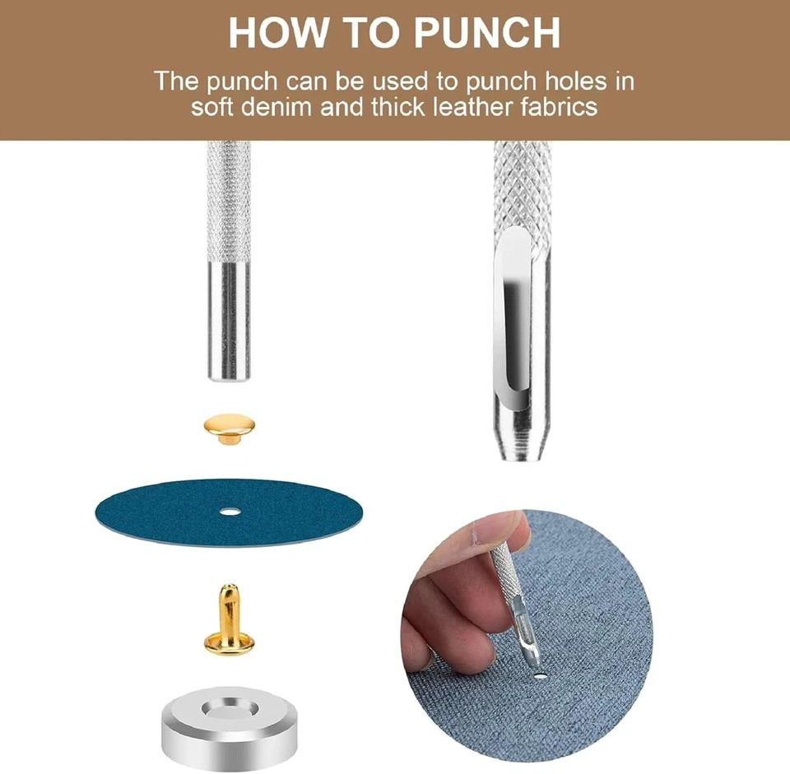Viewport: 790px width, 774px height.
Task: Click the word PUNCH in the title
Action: pyautogui.click(x=486, y=33)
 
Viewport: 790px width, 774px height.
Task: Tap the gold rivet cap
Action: pyautogui.click(x=230, y=428)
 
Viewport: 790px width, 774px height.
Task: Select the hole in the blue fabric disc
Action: pyautogui.click(x=230, y=512)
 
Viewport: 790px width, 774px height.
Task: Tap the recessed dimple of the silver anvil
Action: pyautogui.click(x=230, y=709)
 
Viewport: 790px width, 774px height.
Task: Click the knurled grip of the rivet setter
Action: pyautogui.click(x=230, y=202)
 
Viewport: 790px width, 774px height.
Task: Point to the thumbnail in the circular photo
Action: pyautogui.click(x=474, y=535)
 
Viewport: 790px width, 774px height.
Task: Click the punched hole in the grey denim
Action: pyautogui.click(x=540, y=675)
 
